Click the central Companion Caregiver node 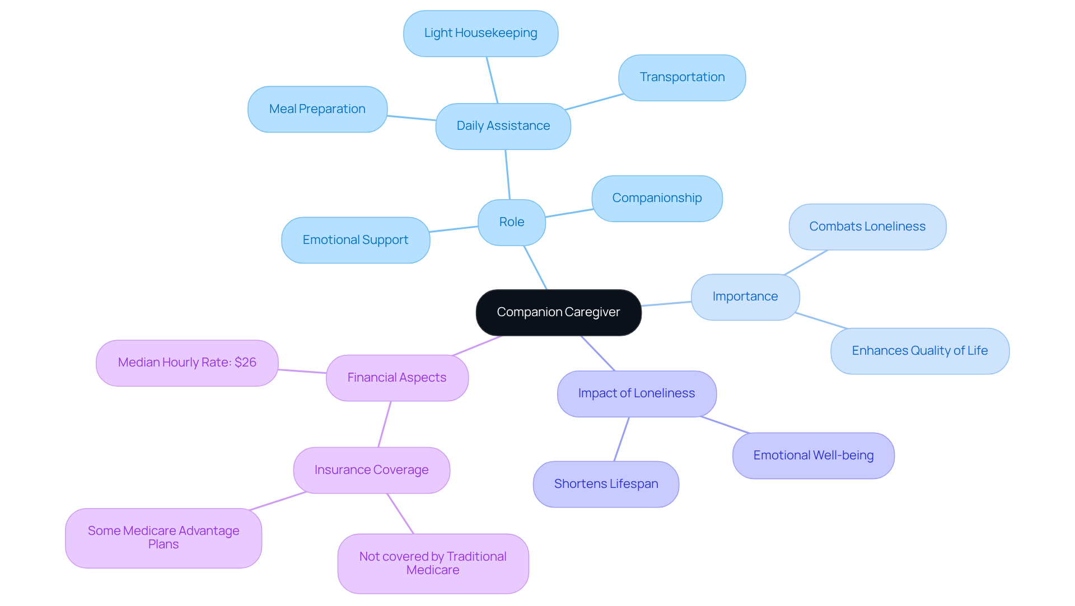558,312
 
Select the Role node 511,222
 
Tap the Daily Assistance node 503,126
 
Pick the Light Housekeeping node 480,33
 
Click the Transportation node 681,77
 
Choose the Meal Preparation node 317,109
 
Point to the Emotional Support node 355,240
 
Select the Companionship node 656,198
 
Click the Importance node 745,297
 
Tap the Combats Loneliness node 867,227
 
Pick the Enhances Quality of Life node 919,351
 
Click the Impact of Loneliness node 636,393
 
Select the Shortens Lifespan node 606,484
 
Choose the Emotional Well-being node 813,455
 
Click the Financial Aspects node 396,378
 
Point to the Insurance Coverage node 371,470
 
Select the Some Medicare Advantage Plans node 163,538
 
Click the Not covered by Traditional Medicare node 433,563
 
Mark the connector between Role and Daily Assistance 507,174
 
